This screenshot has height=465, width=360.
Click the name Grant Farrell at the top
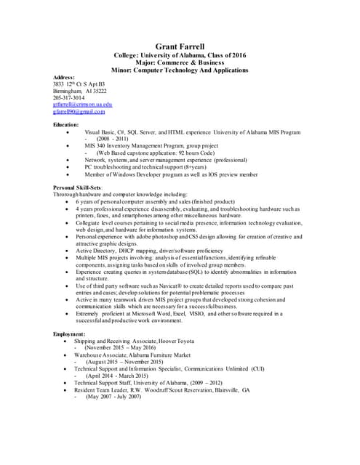click(x=180, y=47)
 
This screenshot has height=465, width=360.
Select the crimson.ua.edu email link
click(x=82, y=105)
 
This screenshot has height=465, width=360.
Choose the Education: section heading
click(x=66, y=126)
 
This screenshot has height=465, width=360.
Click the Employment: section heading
click(x=69, y=333)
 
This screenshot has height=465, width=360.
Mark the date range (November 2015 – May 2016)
click(x=120, y=348)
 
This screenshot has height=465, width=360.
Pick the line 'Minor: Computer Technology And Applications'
click(x=180, y=70)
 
